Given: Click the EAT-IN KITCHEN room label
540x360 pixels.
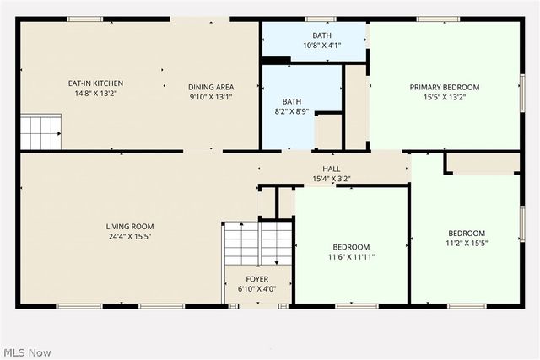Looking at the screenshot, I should (x=95, y=83).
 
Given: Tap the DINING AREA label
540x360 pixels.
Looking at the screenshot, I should (x=210, y=87).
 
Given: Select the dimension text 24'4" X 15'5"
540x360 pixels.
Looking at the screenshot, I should (x=129, y=237).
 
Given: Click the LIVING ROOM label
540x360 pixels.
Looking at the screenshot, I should (x=129, y=226).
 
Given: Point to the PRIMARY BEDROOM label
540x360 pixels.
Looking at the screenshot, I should (x=444, y=87).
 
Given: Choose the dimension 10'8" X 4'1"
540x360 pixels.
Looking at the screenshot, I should (x=321, y=46).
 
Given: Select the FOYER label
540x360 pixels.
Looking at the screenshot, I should (x=257, y=278).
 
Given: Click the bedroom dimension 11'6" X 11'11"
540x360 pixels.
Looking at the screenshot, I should (x=351, y=257).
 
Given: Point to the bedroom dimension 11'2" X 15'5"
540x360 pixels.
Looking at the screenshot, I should (x=466, y=244).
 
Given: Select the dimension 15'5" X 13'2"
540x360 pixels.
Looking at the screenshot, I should (x=444, y=97).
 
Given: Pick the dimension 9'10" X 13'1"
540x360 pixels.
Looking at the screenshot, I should (x=210, y=97).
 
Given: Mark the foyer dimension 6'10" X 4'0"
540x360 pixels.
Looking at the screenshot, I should (x=257, y=288).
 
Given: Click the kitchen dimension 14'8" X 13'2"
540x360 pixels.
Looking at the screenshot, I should (x=95, y=94).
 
